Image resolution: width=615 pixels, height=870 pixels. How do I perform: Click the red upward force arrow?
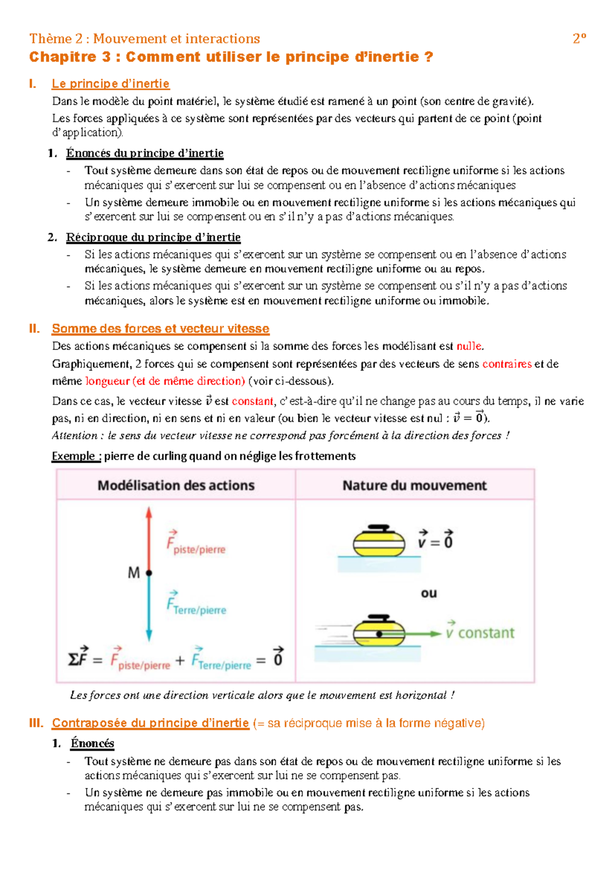(149, 539)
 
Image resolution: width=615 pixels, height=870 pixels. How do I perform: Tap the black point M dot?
(149, 572)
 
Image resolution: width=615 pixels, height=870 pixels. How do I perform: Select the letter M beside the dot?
(134, 572)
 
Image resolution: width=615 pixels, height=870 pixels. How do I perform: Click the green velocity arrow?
(420, 634)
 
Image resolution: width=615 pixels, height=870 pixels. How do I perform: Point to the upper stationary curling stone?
(379, 542)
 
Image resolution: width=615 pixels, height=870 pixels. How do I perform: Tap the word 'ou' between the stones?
(429, 594)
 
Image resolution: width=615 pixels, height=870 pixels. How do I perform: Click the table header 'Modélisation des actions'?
(176, 485)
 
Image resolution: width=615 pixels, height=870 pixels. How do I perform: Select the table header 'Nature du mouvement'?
(414, 485)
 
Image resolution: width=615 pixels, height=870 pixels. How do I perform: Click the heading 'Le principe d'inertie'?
(111, 84)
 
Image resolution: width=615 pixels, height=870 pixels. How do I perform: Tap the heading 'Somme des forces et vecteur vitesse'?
(160, 328)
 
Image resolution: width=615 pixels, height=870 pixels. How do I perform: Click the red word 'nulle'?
(469, 346)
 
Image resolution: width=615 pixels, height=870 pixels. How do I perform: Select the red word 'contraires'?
(506, 364)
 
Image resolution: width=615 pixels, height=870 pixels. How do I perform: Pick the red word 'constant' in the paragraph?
(252, 401)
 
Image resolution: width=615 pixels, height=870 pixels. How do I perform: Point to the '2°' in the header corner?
(579, 38)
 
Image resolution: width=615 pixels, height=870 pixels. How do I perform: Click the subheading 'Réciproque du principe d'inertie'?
(153, 237)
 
